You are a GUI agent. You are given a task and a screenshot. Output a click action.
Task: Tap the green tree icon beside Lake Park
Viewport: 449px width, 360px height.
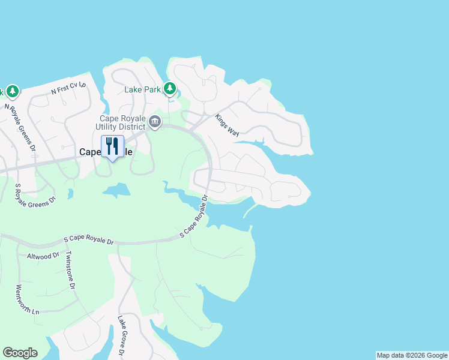(170, 89)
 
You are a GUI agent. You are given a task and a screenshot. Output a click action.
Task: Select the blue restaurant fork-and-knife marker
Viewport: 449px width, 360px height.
(112, 147)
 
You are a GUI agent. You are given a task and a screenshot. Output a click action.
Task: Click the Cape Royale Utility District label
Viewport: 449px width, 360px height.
(122, 122)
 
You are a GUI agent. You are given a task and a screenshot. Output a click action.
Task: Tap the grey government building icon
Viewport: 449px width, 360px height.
(155, 122)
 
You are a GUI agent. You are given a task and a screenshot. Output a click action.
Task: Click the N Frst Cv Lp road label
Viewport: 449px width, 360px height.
(68, 88)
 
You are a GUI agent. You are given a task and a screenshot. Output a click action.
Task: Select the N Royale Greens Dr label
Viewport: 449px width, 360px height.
(21, 127)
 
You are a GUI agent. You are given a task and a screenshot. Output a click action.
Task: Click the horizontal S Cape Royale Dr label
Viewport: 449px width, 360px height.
(89, 241)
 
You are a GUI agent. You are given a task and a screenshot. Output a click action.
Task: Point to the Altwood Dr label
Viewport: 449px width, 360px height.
(43, 256)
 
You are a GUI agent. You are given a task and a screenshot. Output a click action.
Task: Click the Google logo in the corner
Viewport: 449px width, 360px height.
(20, 353)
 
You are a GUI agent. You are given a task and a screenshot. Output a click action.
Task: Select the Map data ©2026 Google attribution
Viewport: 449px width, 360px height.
(412, 355)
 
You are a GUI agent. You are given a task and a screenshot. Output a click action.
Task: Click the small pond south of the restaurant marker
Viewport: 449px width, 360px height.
(116, 191)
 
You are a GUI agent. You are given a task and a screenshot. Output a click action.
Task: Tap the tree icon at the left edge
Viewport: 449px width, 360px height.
(12, 91)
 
